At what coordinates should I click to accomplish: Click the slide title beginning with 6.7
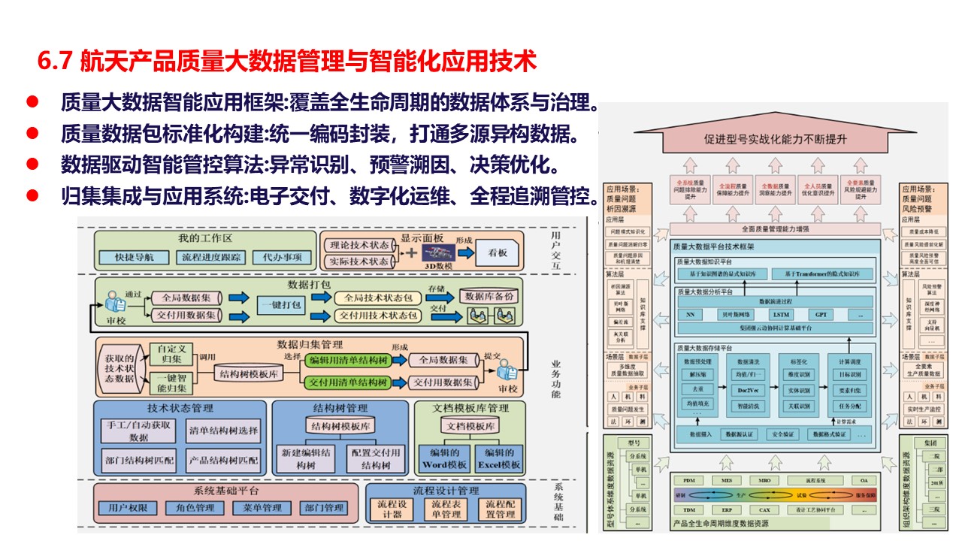point(287,62)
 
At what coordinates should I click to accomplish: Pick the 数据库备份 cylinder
point(489,296)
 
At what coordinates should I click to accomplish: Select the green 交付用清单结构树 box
point(348,382)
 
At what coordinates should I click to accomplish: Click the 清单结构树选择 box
point(222,431)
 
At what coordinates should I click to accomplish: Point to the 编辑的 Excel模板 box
point(499,458)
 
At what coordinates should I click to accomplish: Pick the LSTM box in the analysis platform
point(781,314)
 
